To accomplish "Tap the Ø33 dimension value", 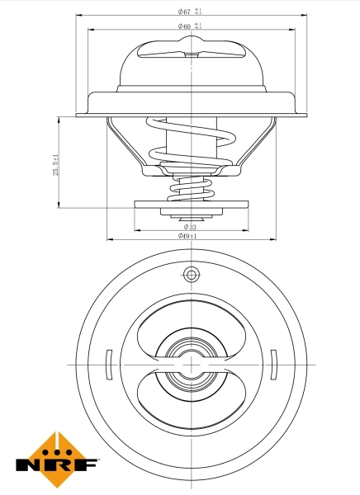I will click(x=190, y=226).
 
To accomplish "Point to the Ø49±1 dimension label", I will click(x=188, y=236).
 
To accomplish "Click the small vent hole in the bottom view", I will click(x=191, y=274).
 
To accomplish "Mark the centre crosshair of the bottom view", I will click(x=191, y=364).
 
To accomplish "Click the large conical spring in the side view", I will click(x=191, y=140).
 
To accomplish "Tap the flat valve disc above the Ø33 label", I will click(x=191, y=204).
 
